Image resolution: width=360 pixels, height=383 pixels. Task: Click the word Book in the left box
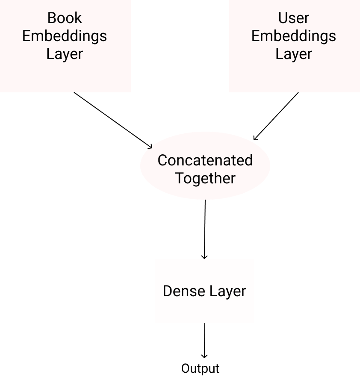[x=65, y=18]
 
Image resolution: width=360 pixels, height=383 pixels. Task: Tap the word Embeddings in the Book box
[x=65, y=36]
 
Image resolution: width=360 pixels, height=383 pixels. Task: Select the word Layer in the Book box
[x=65, y=54]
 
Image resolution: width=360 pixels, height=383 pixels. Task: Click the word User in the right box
[x=294, y=18]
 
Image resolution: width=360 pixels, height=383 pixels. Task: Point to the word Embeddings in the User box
[x=294, y=36]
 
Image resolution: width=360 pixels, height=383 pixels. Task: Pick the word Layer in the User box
[x=294, y=54]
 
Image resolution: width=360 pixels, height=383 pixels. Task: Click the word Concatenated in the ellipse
[x=205, y=160]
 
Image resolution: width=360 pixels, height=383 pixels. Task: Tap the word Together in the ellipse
[x=205, y=179]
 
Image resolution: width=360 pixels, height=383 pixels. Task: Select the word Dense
[x=184, y=291]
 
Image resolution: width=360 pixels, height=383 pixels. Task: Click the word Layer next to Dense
[x=227, y=292]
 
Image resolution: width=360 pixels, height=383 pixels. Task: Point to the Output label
[x=200, y=369]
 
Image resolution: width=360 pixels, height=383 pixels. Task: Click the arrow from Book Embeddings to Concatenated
[x=113, y=120]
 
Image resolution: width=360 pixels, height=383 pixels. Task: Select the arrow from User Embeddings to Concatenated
[x=276, y=116]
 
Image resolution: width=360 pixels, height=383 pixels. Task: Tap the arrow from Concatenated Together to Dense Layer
[x=205, y=229]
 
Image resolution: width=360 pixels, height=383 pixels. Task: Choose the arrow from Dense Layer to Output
[x=205, y=341]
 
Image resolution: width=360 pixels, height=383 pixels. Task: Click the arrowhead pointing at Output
[x=204, y=356]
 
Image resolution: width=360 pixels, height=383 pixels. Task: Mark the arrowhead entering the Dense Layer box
[x=204, y=257]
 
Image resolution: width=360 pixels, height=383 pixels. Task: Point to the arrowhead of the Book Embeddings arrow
[x=150, y=147]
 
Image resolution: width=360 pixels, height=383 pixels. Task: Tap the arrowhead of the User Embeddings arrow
[x=255, y=138]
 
